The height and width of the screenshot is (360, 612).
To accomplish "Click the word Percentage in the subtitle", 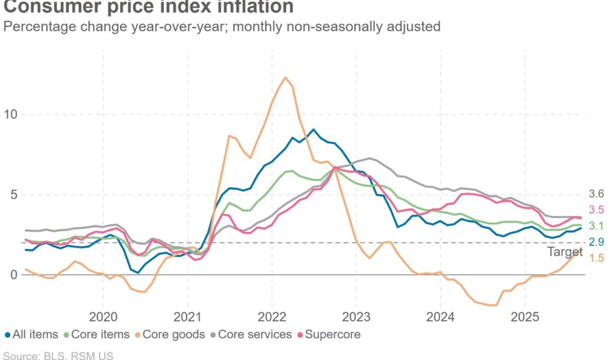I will click(37, 26).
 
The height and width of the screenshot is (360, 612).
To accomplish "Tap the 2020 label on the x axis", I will click(103, 316).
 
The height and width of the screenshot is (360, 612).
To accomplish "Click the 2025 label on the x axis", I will click(524, 316).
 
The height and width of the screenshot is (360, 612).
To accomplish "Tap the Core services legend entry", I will click(255, 334).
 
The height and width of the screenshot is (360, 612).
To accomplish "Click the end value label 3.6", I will click(596, 194).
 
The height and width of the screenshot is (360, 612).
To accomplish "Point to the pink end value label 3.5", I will click(596, 210).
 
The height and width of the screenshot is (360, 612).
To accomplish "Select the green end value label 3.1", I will click(596, 226).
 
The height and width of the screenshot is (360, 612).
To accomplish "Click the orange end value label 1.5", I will click(596, 258).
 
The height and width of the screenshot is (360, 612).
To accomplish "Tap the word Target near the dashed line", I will click(565, 252).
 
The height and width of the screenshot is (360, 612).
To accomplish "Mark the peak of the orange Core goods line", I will click(285, 77).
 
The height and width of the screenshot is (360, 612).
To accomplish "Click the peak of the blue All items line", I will click(313, 129).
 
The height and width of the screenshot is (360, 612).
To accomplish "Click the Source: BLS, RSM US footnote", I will click(57, 355).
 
